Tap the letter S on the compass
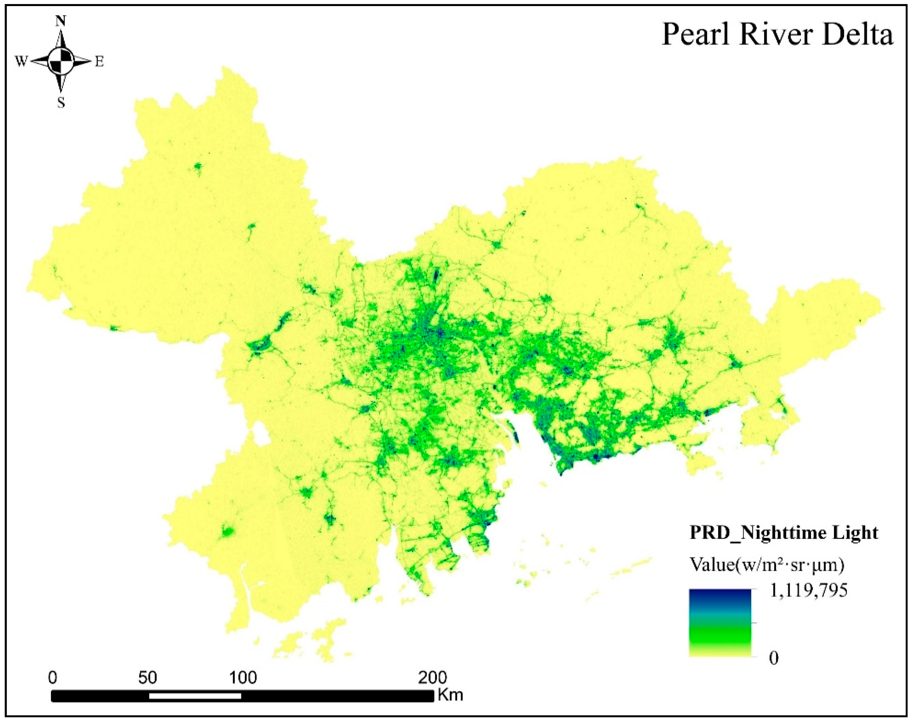point(61,103)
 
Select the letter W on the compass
point(21,62)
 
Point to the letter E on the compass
point(99,62)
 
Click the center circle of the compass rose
point(61,62)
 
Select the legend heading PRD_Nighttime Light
point(784,533)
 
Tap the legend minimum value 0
point(774,658)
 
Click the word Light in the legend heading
point(856,533)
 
